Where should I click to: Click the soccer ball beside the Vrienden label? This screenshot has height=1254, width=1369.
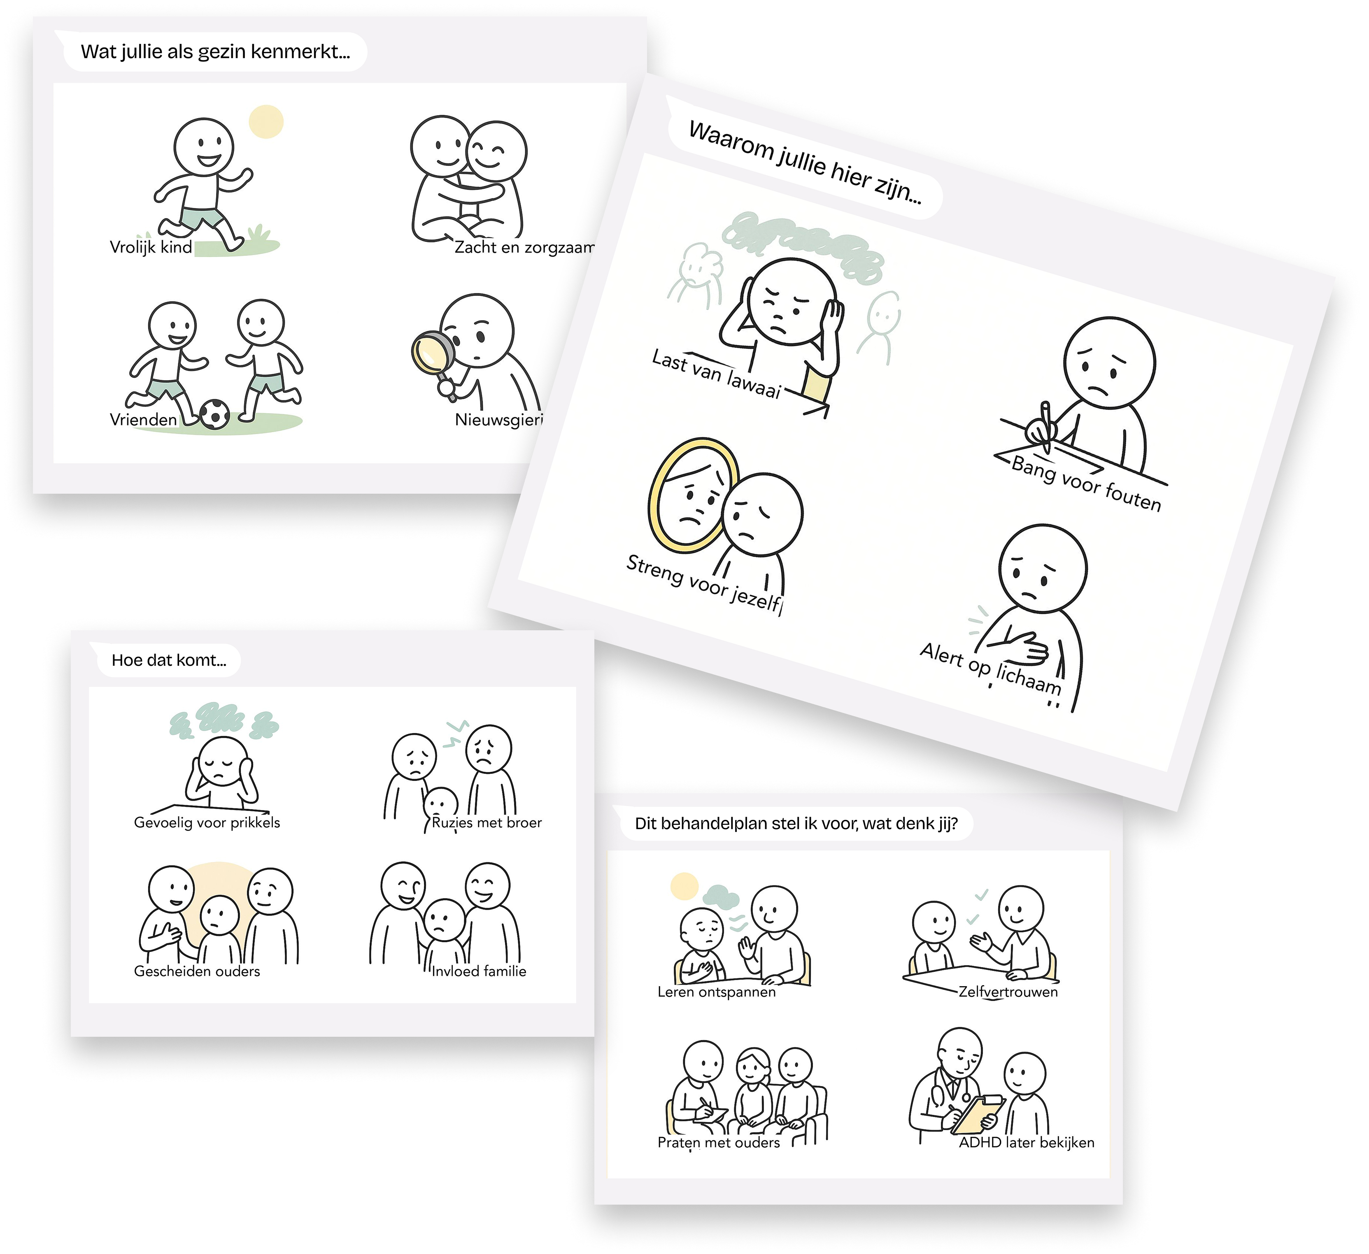click(214, 413)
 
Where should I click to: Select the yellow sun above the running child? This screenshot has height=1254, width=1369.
click(266, 121)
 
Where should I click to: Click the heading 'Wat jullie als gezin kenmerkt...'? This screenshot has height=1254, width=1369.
click(215, 51)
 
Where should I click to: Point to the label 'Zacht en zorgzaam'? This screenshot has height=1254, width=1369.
click(524, 247)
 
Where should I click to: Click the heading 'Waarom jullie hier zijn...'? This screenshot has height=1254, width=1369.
click(805, 162)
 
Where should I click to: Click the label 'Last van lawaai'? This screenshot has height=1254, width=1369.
click(717, 374)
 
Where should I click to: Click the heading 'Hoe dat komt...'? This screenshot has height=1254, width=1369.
click(169, 660)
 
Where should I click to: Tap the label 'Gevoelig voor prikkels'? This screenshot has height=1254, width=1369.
click(207, 822)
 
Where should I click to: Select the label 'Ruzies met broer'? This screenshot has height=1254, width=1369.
click(487, 822)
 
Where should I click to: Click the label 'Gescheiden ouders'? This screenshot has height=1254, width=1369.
click(197, 971)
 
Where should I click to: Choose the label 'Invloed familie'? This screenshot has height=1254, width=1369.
click(479, 971)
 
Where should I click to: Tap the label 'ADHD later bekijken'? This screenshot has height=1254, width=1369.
click(1026, 1143)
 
